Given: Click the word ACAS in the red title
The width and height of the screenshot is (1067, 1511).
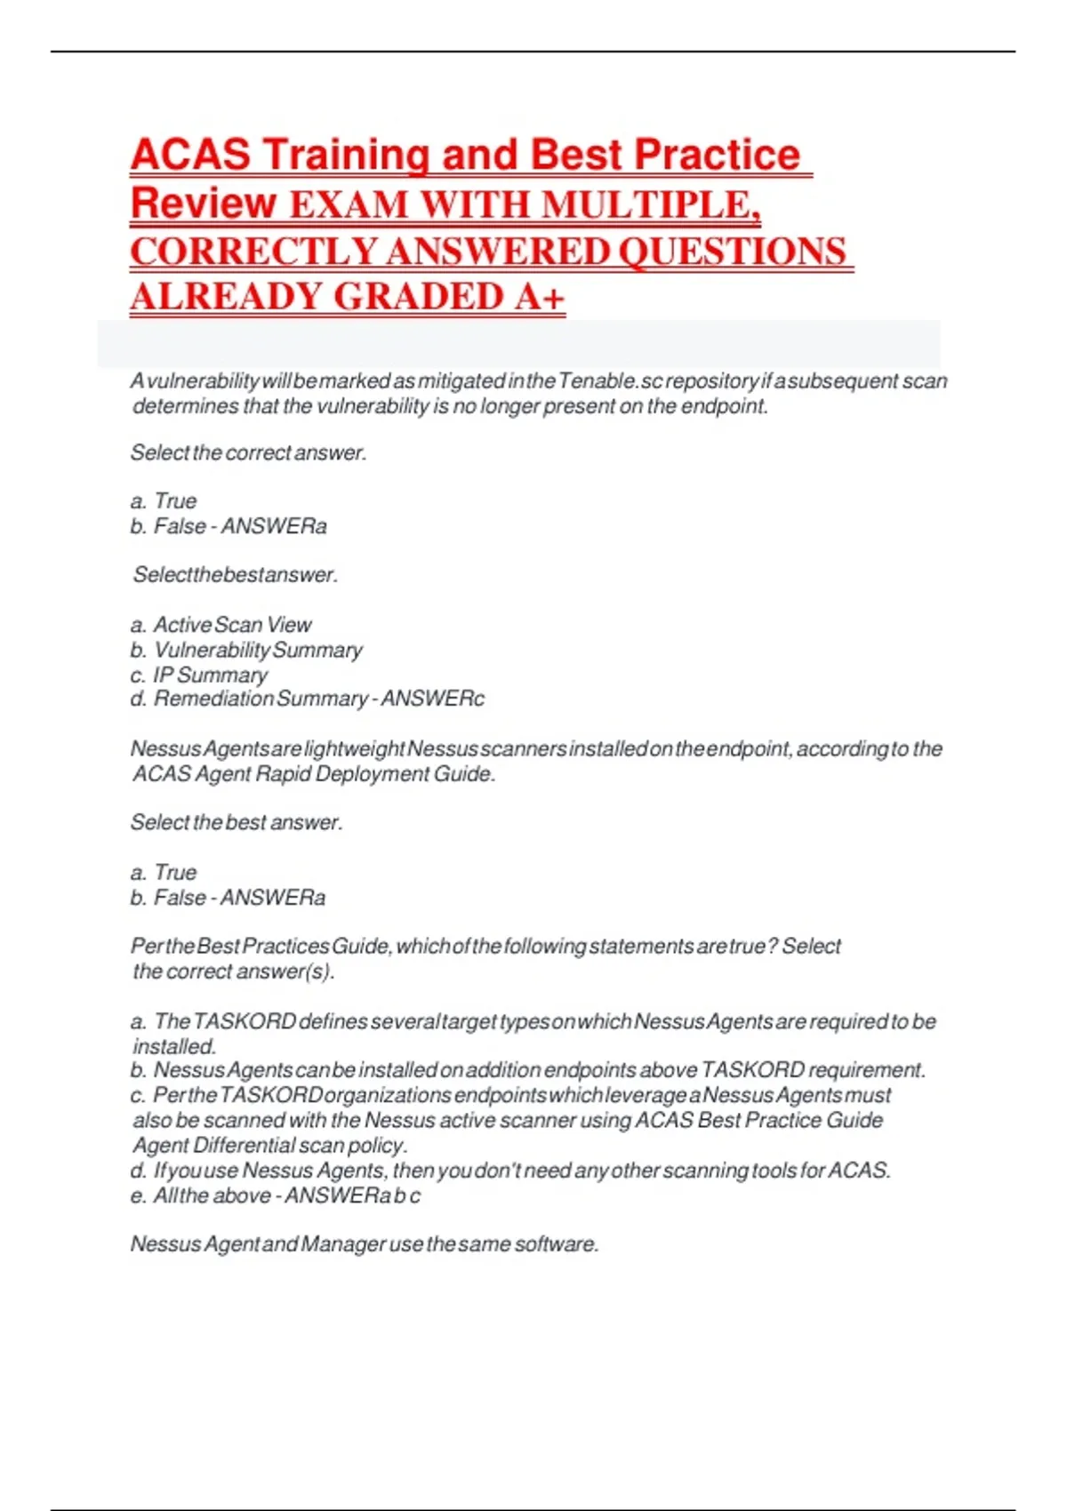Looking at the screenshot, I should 190,155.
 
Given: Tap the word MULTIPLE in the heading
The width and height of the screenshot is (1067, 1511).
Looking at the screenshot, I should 650,204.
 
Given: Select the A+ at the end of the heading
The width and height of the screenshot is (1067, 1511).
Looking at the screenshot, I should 540,297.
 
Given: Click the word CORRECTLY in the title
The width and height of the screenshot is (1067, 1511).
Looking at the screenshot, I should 253,252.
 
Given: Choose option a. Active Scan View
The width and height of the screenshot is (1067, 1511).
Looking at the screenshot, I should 221,625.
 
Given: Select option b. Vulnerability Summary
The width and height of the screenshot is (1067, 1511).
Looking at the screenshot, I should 247,650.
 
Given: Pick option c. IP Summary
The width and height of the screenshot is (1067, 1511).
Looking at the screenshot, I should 199,675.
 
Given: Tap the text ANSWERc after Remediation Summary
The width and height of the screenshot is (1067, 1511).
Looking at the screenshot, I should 432,699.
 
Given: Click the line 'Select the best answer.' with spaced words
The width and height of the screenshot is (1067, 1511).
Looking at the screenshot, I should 236,823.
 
